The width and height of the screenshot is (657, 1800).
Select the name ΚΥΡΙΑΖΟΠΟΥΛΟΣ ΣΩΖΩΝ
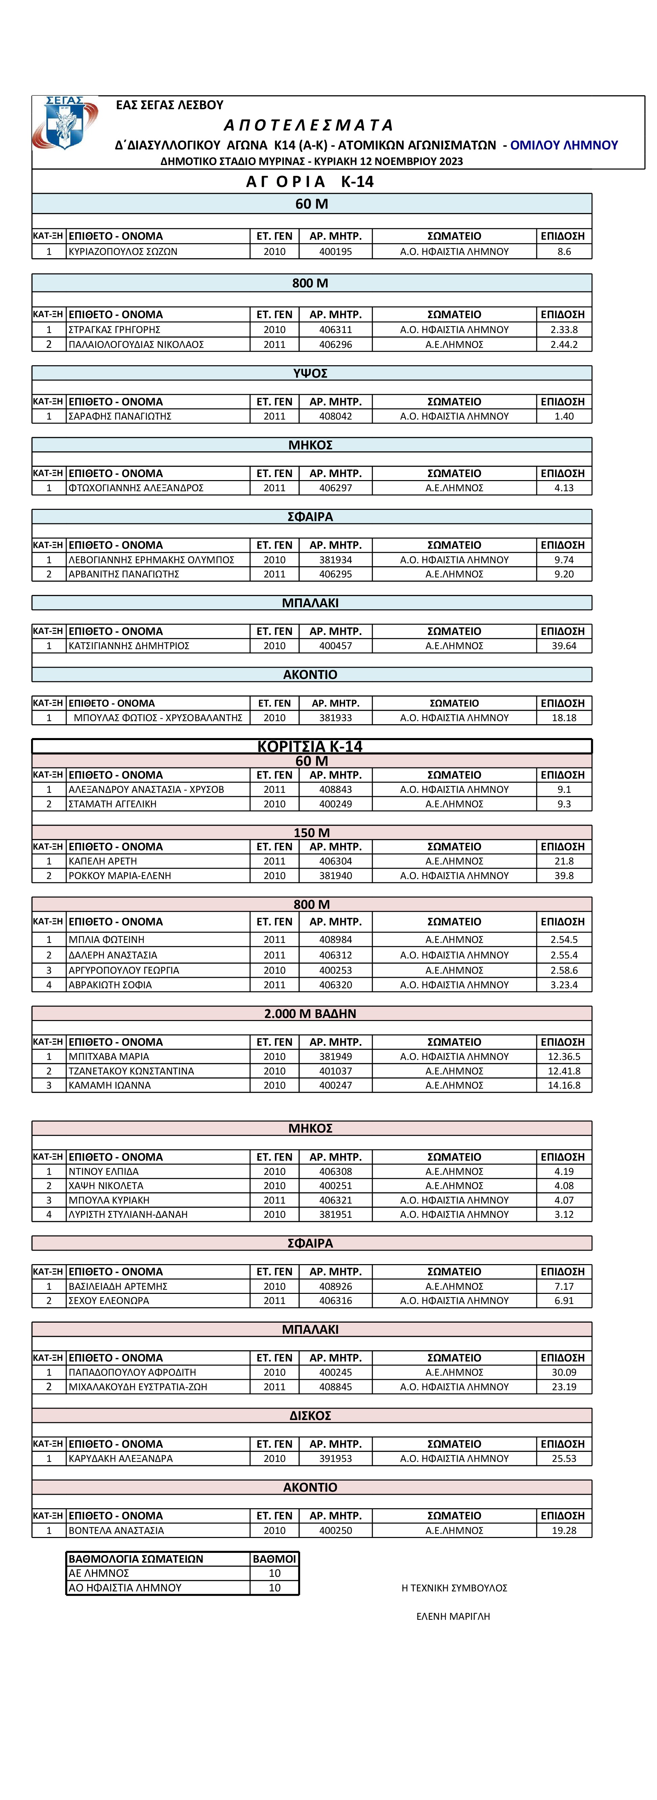(123, 252)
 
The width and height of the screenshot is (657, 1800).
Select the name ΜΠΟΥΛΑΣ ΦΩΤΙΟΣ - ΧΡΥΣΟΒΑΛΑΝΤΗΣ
(158, 718)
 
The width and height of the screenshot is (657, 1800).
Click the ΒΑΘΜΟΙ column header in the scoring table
(274, 1559)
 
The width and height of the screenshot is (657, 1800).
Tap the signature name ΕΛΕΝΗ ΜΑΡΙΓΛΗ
(453, 1616)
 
